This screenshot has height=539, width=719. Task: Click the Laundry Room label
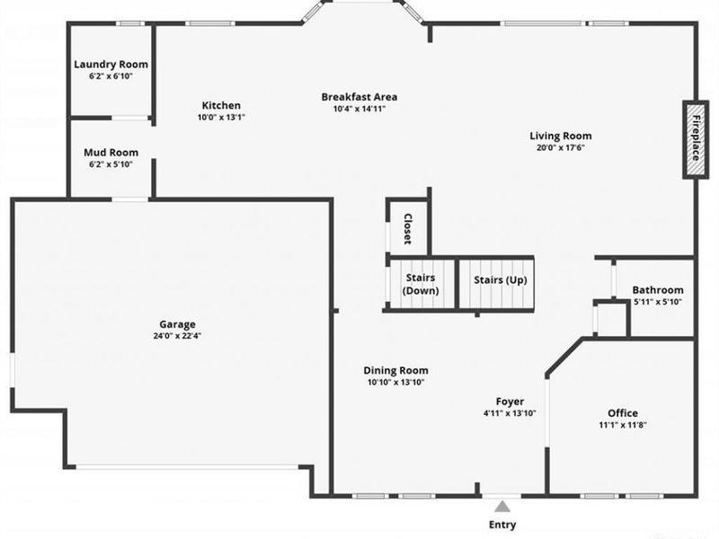(111, 65)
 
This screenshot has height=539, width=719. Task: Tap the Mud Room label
(111, 153)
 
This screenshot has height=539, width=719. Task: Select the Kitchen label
(221, 105)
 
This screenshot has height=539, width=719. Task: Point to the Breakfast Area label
(359, 97)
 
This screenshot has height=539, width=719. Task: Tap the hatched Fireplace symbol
(695, 138)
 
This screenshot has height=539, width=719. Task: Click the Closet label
(406, 228)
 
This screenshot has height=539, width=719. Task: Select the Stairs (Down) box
(421, 285)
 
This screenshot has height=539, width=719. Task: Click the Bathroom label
(657, 290)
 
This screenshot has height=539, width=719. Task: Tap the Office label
(623, 413)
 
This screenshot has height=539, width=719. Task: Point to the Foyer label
(510, 402)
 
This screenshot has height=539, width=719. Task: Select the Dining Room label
(395, 370)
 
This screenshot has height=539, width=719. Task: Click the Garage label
(177, 324)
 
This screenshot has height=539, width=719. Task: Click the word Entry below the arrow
(502, 525)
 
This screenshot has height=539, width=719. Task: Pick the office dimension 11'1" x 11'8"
(623, 425)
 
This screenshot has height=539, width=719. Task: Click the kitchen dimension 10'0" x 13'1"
(221, 117)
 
